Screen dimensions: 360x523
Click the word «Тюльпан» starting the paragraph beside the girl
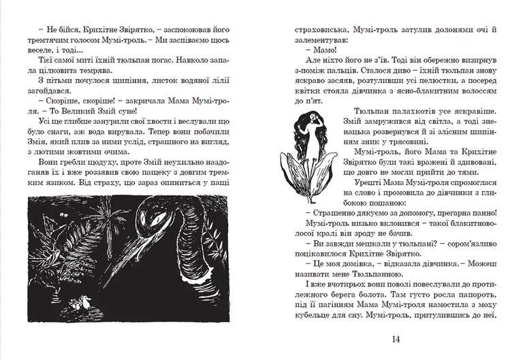click(373, 112)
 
